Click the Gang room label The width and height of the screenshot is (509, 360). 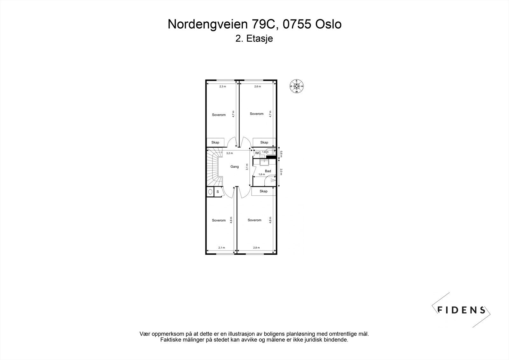234,166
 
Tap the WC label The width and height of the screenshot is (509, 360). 258,153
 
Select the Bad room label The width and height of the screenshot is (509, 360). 268,171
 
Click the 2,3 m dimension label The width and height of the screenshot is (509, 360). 223,87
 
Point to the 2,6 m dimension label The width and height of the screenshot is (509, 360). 257,87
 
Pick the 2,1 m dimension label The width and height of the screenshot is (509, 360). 221,248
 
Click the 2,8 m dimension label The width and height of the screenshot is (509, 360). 256,248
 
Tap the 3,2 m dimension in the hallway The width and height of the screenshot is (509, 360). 229,153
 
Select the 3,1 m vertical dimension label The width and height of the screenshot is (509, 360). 247,167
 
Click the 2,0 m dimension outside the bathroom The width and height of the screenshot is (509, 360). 281,172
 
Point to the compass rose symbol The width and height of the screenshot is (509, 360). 296,86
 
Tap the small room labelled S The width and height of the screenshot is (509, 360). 218,192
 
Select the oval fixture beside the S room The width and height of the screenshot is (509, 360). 210,192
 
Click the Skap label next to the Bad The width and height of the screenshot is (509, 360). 263,191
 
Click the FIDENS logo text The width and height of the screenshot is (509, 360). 462,310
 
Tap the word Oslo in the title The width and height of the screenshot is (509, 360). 328,24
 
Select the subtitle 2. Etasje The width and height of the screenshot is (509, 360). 254,39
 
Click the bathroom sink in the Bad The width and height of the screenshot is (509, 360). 264,162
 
